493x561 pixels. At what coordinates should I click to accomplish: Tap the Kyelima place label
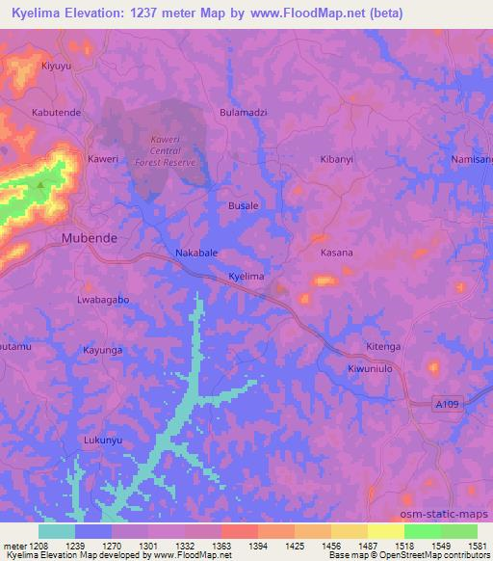tap(246, 277)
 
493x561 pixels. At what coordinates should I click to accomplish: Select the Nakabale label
tap(196, 254)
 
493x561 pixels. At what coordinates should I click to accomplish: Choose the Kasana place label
tap(337, 253)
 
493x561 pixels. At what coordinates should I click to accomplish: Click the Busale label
tap(242, 207)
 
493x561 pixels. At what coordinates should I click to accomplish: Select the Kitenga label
tap(382, 346)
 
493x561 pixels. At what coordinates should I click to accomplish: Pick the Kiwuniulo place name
tap(372, 369)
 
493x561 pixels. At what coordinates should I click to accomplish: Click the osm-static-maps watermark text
tap(453, 511)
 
